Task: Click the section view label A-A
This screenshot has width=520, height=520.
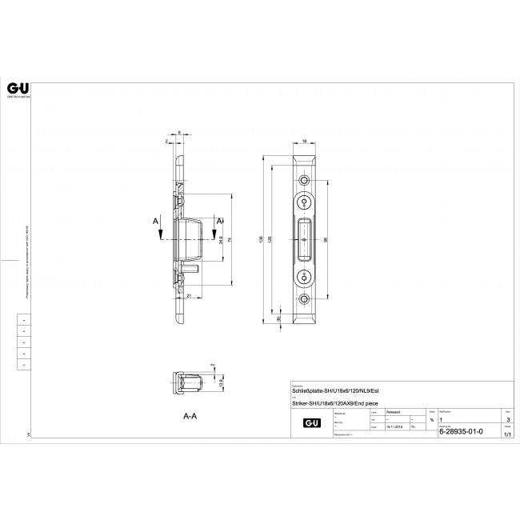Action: click(x=190, y=417)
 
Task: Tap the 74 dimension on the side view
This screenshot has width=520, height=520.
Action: click(x=230, y=239)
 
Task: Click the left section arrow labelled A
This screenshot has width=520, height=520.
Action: click(x=160, y=226)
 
